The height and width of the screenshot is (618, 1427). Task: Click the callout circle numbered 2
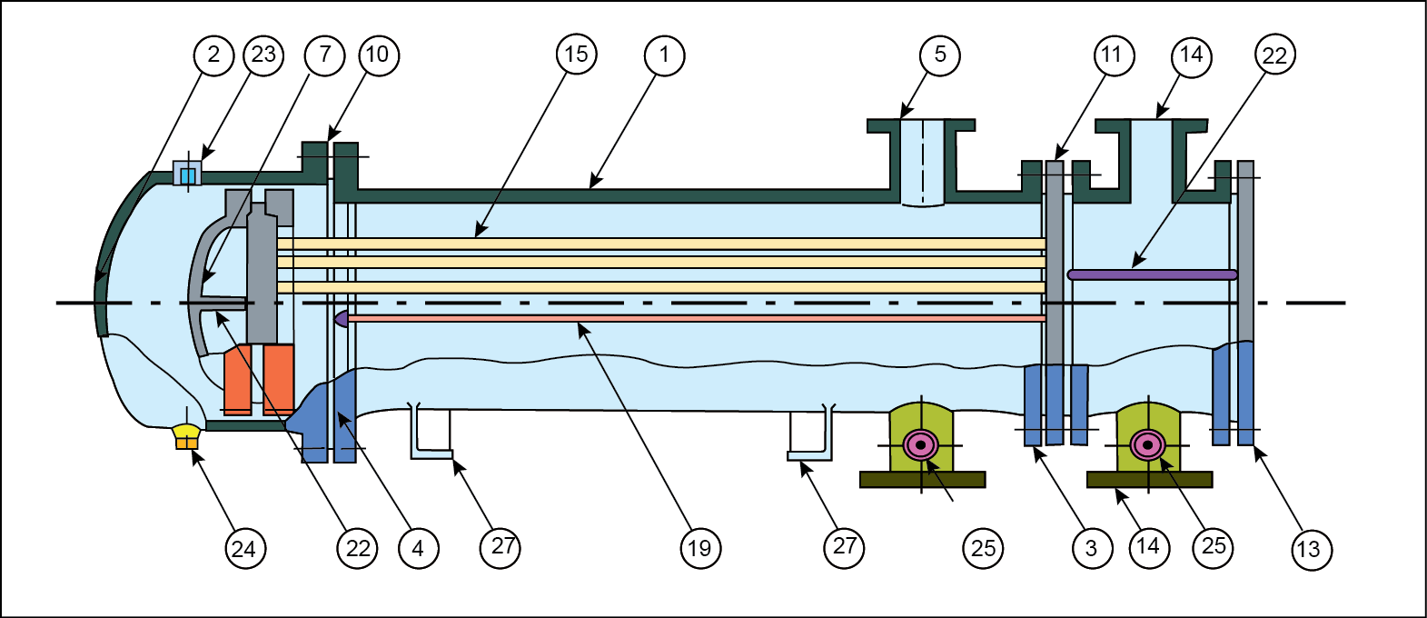click(x=213, y=55)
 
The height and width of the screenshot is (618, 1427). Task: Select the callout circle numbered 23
click(x=263, y=55)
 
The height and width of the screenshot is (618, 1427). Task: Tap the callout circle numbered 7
click(x=325, y=55)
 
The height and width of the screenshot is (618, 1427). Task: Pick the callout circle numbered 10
click(x=378, y=55)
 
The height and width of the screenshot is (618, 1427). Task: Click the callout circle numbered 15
click(x=576, y=55)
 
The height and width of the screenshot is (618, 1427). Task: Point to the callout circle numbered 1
click(x=664, y=55)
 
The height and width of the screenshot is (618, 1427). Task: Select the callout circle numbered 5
click(x=940, y=55)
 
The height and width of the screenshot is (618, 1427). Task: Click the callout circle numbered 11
click(x=1112, y=55)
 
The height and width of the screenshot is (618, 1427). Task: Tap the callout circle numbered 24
click(x=243, y=548)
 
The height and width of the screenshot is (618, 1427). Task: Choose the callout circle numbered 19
click(x=699, y=548)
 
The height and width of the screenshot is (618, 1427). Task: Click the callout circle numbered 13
click(x=1308, y=549)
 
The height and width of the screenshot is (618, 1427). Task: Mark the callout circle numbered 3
click(x=1091, y=548)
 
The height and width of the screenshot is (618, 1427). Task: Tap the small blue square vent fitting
click(x=188, y=174)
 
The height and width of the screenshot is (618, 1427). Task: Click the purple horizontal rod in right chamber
click(x=1152, y=274)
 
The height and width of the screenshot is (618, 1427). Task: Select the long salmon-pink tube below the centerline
click(x=695, y=318)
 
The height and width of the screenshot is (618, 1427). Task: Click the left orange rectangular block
click(x=238, y=379)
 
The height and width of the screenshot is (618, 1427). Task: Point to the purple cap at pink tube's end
click(x=342, y=318)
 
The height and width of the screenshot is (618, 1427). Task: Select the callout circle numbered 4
click(x=417, y=548)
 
